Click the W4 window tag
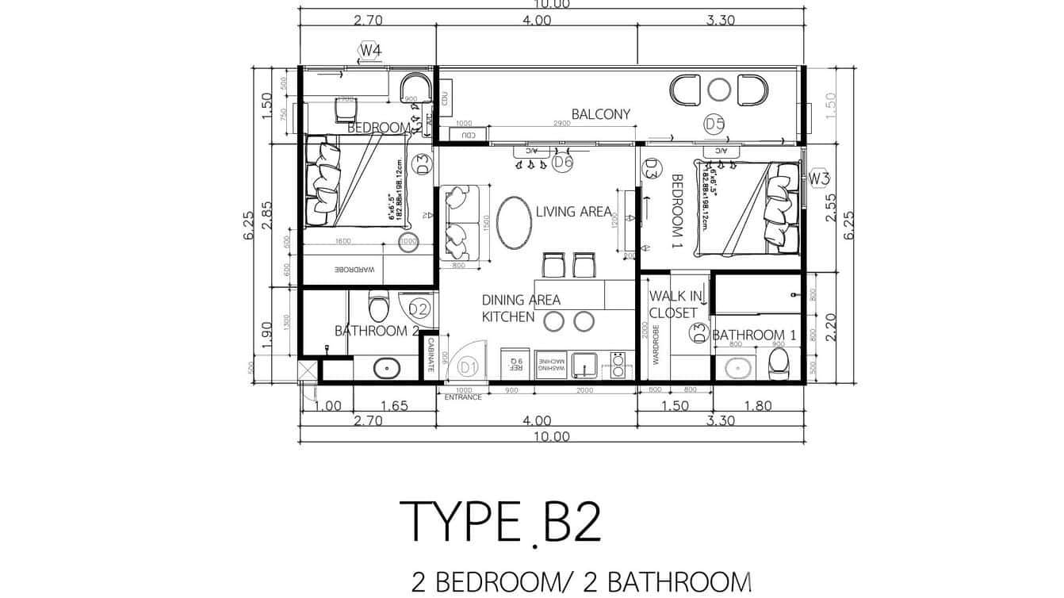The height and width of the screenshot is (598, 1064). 370,51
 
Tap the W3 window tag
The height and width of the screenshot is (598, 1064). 820,177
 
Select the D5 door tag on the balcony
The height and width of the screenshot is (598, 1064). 714,124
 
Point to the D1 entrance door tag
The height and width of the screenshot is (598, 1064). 468,367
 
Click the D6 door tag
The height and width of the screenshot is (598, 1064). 562,163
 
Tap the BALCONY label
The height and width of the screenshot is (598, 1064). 601,114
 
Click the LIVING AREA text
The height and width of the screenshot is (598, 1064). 573,212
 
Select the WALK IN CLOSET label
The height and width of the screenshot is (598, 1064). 675,305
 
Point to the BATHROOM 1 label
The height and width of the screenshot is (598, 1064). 753,335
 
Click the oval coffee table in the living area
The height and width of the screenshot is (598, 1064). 515,223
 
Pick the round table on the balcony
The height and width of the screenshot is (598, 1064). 719,90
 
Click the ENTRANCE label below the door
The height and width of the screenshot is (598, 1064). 463,397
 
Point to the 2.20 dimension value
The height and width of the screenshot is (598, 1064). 830,326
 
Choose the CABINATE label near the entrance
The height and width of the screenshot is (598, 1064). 430,356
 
